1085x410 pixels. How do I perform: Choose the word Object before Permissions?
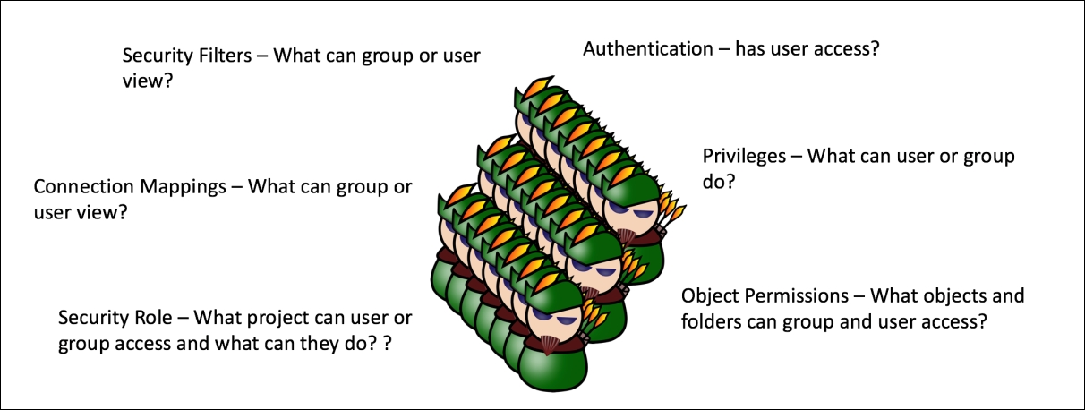pos(711,295)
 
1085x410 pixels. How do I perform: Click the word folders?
pos(711,320)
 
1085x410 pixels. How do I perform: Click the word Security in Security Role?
pos(93,318)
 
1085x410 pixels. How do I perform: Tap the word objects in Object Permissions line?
pos(949,295)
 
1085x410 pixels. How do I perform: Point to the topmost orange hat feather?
pos(541,87)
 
